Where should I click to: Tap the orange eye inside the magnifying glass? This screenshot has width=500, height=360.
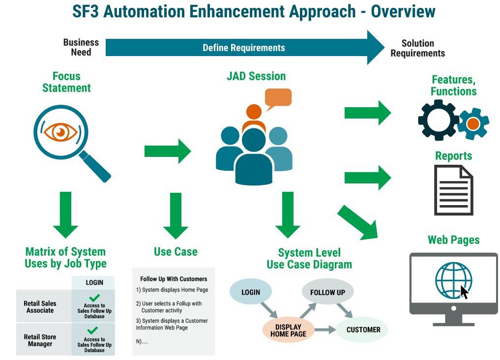pos(60,131)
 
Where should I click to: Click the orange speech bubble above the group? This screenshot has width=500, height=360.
pos(278,98)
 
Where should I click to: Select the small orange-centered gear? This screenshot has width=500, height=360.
pos(473,123)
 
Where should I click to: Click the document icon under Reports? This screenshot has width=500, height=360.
pos(453,190)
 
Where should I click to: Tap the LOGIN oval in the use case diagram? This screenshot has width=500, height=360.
pos(251,292)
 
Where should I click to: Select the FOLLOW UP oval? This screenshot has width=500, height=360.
pos(327,292)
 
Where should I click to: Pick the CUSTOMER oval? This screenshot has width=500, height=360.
pos(363,330)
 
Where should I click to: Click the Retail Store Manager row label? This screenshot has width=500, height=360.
pos(40,340)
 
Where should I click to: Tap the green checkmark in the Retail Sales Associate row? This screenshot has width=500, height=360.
pos(94,298)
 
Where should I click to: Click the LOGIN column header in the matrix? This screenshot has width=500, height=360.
pos(94,282)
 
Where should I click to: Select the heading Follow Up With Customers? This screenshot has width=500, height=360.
pos(174,279)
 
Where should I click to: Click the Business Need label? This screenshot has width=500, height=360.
pos(81,47)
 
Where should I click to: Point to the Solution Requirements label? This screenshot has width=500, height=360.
pos(417,48)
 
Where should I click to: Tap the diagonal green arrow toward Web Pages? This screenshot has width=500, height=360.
pos(357,222)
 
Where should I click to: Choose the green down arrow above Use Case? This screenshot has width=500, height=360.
pos(176,215)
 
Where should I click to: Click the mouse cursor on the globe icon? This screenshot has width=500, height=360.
pos(464,292)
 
